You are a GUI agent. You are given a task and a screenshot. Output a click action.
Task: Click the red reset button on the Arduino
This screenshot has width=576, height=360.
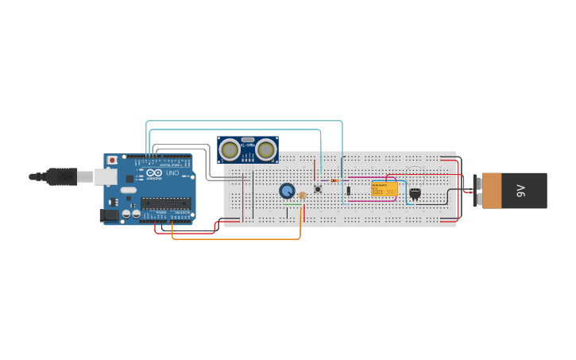click(112, 160)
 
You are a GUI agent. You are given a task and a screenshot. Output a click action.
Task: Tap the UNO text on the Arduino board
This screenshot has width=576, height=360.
click(172, 173)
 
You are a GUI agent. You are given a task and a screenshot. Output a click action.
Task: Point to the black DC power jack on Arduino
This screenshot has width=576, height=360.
click(108, 215)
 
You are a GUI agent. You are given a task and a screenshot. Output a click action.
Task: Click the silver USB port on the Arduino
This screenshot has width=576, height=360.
click(106, 176)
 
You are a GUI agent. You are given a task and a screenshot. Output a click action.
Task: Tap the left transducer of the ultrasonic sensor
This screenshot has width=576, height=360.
click(230, 149)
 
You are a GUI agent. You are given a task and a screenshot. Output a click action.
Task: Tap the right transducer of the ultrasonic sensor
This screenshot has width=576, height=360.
click(265, 149)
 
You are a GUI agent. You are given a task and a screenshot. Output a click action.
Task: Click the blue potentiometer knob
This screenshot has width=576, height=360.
click(287, 191)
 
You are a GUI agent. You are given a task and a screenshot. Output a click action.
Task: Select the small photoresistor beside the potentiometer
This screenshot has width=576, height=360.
click(302, 195)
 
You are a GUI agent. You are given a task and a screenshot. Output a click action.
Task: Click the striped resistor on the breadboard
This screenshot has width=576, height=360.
click(334, 180)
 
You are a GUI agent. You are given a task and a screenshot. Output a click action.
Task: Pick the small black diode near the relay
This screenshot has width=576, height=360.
click(348, 191)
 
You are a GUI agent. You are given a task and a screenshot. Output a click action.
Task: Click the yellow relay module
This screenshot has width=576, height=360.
click(385, 189)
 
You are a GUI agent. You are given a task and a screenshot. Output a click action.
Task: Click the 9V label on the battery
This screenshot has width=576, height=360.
click(521, 190)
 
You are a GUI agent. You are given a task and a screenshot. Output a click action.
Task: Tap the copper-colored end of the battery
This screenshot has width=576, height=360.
click(492, 191)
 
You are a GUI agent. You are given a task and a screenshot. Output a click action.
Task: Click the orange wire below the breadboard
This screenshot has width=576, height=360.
click(238, 238)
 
